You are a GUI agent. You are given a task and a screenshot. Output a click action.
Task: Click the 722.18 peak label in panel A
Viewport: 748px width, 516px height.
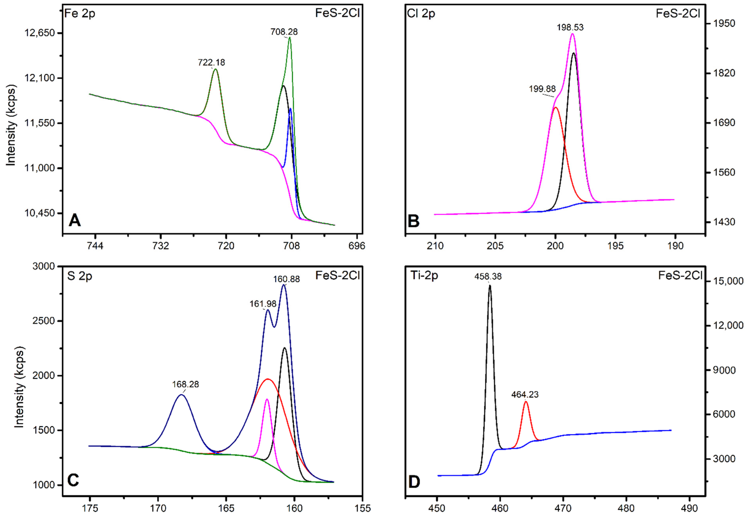point(211,62)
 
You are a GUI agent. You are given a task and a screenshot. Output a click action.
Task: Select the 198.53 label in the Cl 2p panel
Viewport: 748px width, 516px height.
point(570,28)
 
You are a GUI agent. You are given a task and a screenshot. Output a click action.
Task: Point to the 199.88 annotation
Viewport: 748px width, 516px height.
point(542,89)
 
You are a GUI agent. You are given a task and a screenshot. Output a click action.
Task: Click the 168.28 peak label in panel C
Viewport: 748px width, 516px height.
point(185,384)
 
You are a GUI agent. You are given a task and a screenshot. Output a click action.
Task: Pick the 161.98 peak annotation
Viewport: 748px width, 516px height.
point(263,304)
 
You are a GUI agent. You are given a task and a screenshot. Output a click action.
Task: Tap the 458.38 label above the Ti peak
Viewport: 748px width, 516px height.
point(488,276)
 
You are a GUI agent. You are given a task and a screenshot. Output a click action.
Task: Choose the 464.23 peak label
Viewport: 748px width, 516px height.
point(525,395)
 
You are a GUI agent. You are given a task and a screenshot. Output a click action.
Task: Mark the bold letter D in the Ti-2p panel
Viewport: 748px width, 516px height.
point(414,482)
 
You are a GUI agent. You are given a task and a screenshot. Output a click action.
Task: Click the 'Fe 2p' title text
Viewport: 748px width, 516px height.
point(80,14)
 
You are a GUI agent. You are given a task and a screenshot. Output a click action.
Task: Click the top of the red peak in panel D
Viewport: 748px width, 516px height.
point(526,402)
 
